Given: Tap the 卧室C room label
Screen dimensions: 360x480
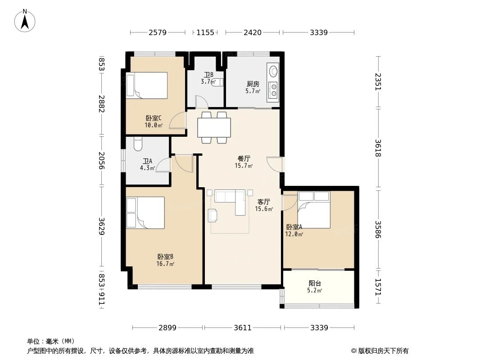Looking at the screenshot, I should click(x=154, y=121).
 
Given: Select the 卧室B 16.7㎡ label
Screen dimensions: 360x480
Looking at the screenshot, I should click(x=165, y=260).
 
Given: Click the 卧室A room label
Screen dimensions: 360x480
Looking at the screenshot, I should click(x=294, y=230).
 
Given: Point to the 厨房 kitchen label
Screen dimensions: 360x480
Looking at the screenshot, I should click(x=253, y=87).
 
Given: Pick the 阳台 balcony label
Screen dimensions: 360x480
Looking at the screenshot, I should click(x=315, y=287).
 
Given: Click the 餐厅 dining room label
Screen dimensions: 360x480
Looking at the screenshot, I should click(x=244, y=162).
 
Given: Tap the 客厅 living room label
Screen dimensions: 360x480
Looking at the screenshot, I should click(x=264, y=205).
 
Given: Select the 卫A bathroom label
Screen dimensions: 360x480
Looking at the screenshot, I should click(x=147, y=164).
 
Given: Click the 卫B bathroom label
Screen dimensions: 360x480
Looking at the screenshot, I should click(x=208, y=78).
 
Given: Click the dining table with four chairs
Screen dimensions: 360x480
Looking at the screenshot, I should click(x=214, y=127).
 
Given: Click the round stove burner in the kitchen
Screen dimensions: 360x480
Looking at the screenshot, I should click(x=272, y=71).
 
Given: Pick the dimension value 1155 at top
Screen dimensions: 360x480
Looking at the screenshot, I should click(x=205, y=32).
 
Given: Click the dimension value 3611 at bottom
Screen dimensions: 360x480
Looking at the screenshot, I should click(x=243, y=328).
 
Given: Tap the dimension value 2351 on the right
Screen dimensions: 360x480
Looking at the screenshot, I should click(x=377, y=82).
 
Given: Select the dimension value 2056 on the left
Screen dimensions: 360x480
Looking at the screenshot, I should click(x=102, y=161).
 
